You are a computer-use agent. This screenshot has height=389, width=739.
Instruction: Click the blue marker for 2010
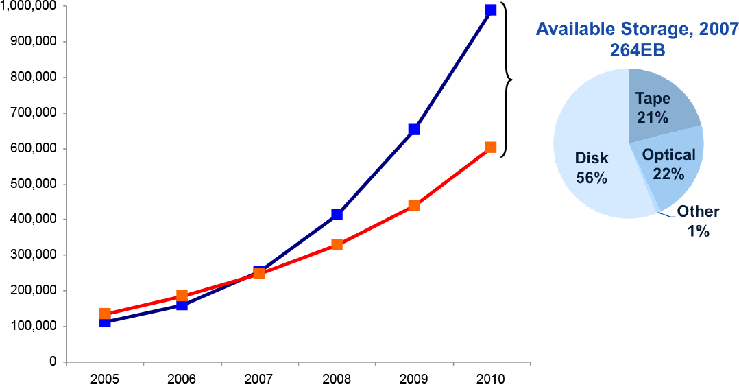click(x=491, y=10)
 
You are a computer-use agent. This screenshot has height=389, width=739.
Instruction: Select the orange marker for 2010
click(x=491, y=148)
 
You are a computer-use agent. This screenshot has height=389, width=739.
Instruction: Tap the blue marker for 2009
click(x=413, y=129)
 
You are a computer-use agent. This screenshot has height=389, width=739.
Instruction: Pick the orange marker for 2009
click(x=413, y=205)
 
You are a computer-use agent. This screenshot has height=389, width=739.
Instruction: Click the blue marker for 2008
click(x=337, y=214)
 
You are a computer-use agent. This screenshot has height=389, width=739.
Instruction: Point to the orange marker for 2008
click(x=337, y=244)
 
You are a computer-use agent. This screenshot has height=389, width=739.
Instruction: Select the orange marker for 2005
click(x=105, y=314)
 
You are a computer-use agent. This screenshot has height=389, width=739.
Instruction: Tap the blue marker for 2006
click(x=182, y=305)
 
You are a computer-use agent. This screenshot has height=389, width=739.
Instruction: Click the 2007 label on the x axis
click(x=259, y=379)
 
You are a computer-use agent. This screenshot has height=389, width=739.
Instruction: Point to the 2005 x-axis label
click(x=105, y=379)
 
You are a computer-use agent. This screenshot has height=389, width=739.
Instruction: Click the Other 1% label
click(x=697, y=221)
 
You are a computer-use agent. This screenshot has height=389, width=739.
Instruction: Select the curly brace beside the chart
click(x=508, y=79)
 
